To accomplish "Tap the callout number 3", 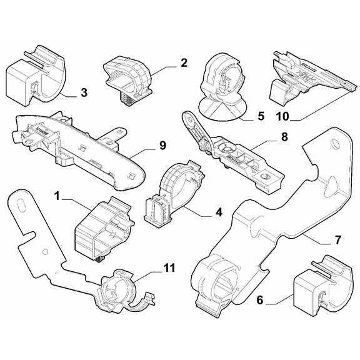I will pyautogui.click(x=84, y=94).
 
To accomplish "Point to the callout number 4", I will pyautogui.click(x=218, y=212).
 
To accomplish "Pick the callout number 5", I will pyautogui.click(x=261, y=116).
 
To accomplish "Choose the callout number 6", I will pyautogui.click(x=259, y=301).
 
